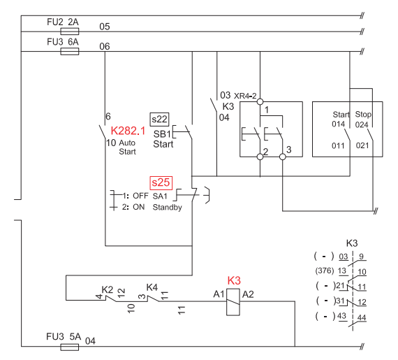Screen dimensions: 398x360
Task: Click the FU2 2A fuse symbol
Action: (x=70, y=31)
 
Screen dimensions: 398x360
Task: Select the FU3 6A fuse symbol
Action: (x=70, y=51)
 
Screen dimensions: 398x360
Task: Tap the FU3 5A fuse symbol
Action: (x=70, y=347)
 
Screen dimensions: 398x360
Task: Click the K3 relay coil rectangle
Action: (x=233, y=302)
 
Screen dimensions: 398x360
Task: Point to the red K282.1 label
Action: (x=128, y=131)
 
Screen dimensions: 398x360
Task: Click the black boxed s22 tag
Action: (x=159, y=120)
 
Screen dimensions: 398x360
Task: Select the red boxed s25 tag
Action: (x=161, y=182)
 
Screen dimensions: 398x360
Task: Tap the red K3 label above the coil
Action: (x=234, y=281)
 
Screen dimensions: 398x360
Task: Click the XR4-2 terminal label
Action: (x=245, y=96)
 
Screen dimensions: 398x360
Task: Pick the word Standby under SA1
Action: (x=168, y=208)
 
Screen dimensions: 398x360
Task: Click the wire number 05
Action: (x=105, y=27)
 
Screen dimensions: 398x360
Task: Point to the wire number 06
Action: (x=105, y=47)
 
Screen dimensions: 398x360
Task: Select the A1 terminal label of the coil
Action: (x=219, y=294)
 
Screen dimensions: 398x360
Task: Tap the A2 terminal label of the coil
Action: (x=248, y=294)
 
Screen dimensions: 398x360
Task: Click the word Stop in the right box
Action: (x=363, y=115)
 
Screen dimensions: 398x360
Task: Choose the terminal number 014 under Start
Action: (x=339, y=124)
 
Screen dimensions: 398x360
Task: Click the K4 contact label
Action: (x=152, y=287)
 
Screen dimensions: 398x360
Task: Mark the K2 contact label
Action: (x=108, y=289)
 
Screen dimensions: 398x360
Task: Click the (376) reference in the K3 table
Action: (x=325, y=271)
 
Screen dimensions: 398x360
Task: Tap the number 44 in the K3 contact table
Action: (x=362, y=317)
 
